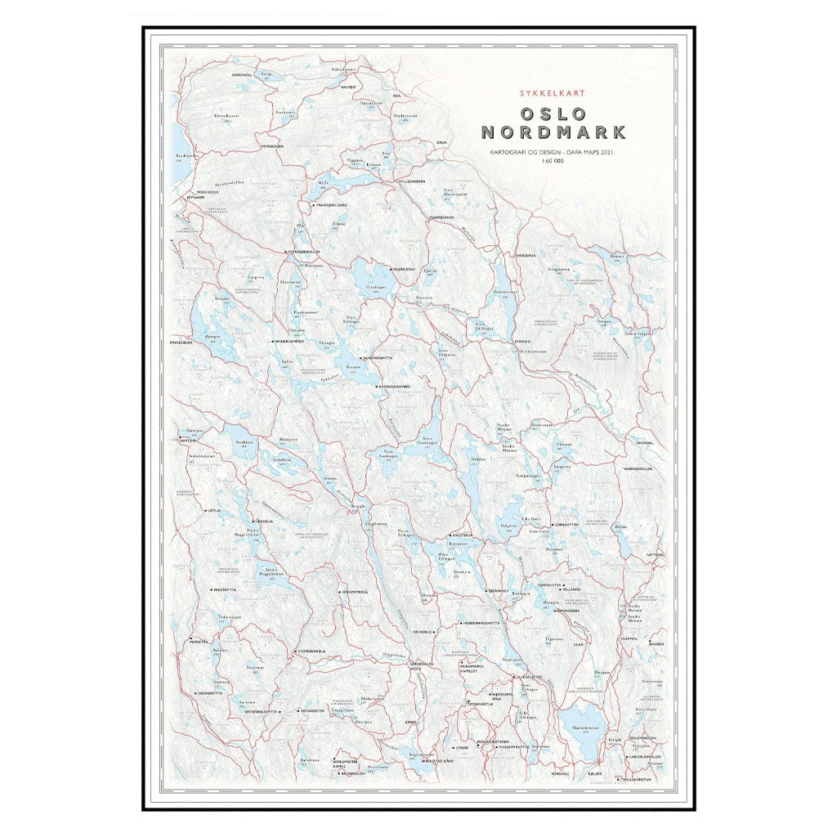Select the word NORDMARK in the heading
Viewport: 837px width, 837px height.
pos(553,132)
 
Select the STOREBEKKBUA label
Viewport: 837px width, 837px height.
pos(311,651)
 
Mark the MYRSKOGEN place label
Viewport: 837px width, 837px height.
pos(272,145)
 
